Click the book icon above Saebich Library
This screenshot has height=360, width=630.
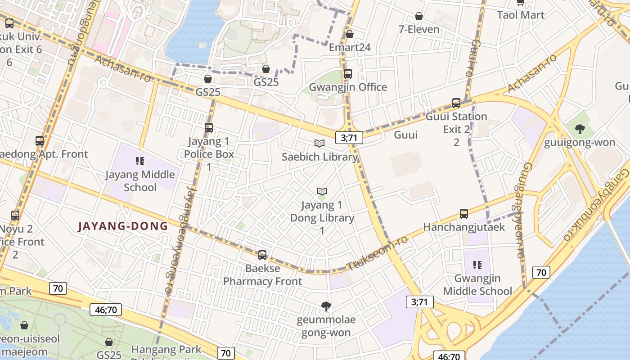pos(319,144)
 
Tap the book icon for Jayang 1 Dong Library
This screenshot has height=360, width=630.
pos(322,191)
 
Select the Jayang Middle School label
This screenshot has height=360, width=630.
pos(140,180)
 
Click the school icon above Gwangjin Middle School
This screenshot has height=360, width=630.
pos(477,265)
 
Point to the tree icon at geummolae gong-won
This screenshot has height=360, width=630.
pos(326,307)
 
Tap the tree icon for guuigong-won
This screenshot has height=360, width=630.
pos(580,129)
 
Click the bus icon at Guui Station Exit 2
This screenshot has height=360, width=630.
pos(456,103)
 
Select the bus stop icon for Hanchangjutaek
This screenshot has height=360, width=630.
pos(464,214)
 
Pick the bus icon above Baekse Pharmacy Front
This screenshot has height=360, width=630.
pos(262,255)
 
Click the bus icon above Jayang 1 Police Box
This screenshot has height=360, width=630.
pos(208,128)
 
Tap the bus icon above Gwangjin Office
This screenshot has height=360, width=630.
pos(348,74)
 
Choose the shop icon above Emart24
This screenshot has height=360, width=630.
pos(350,34)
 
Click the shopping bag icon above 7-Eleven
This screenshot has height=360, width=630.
pos(419,16)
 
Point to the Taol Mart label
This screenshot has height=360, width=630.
pos(521,15)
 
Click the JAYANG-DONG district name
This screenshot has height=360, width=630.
pos(122,226)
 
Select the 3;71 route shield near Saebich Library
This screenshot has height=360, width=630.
pos(349,138)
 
